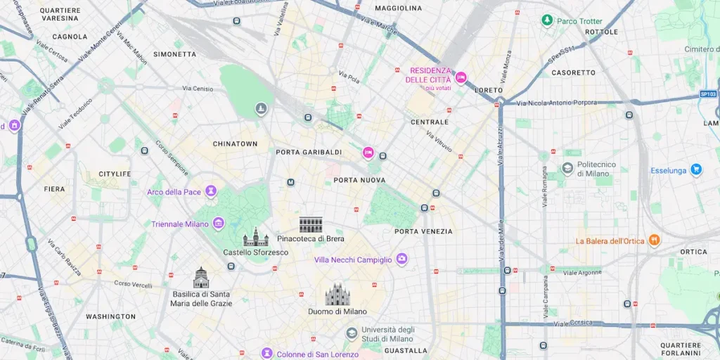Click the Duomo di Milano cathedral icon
point(337,294)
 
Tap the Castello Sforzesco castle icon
point(255,238)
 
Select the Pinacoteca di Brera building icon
point(311,225)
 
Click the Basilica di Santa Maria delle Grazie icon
point(201,278)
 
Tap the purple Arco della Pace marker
point(210,192)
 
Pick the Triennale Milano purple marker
point(219,224)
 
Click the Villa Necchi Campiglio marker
point(401,259)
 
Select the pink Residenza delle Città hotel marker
point(461,77)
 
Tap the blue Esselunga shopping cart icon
point(695,169)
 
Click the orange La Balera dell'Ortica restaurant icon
point(655,240)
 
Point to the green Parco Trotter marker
point(547,20)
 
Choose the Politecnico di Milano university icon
point(567,168)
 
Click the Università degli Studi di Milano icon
point(352,333)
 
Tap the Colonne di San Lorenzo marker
point(266,353)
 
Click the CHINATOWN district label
point(235,144)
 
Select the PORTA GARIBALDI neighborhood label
point(309,152)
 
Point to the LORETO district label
point(489,91)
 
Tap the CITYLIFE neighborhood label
point(115,174)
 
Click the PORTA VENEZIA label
point(423,231)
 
